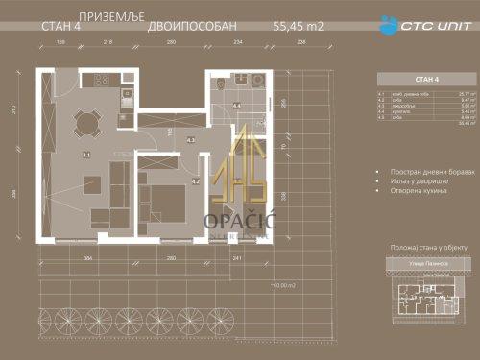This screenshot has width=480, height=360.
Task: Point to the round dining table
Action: (x=86, y=122)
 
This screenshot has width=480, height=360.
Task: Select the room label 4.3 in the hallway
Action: (x=191, y=140)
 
